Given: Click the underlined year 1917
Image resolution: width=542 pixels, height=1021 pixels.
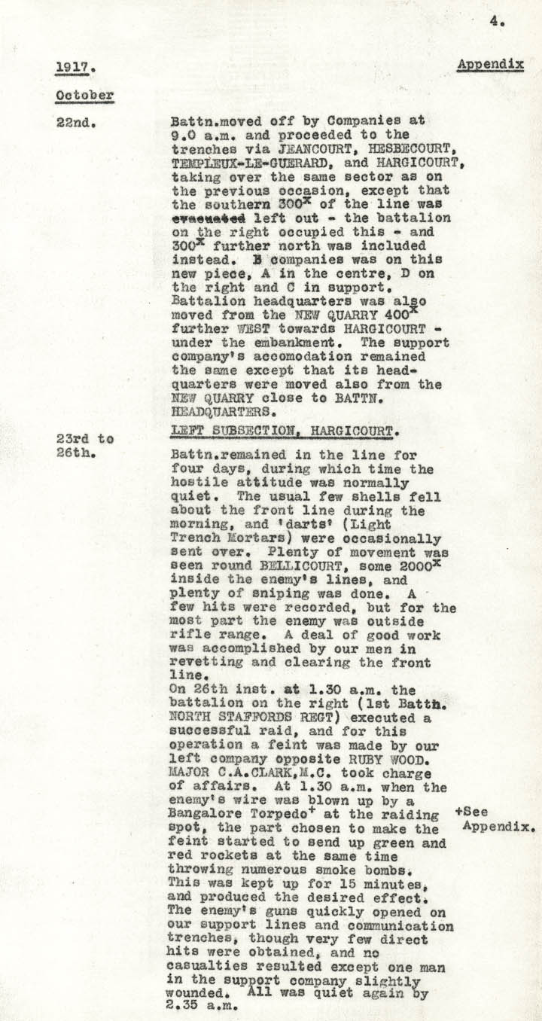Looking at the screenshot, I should [x=72, y=66].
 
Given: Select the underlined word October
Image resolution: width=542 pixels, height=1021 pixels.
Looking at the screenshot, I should [x=84, y=96].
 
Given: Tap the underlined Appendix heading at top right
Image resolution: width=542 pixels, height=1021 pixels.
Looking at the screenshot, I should [x=490, y=65].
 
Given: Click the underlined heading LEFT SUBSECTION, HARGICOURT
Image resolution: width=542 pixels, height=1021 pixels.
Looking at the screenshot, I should [x=283, y=430].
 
